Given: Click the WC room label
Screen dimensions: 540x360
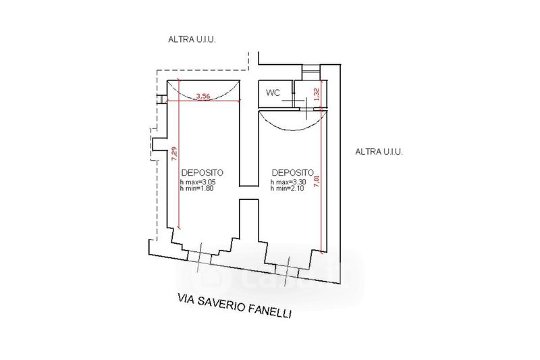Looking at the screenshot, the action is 273,93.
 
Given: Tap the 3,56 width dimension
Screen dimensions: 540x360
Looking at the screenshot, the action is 203,97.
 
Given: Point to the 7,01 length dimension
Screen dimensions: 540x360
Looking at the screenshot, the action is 317,181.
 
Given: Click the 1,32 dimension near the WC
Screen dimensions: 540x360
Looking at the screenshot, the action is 317,95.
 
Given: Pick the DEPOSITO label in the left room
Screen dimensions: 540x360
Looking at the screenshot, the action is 202,173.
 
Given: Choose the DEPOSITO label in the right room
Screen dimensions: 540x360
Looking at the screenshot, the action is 293,173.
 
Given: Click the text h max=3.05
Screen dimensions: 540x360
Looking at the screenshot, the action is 197,182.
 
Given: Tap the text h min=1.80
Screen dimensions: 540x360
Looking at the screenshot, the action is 196,188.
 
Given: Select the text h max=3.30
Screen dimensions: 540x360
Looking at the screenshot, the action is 288,182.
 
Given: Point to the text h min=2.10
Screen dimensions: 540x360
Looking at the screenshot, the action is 288,188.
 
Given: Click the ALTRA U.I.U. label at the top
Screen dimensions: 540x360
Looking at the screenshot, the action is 192,39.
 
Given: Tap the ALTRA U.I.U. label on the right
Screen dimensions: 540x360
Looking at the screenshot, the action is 379,151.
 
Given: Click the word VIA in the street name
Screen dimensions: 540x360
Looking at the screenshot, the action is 185,299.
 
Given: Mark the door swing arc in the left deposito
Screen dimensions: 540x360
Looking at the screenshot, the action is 203,99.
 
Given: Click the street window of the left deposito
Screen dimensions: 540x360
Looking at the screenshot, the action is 199,258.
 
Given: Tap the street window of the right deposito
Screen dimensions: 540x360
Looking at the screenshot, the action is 287,271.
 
